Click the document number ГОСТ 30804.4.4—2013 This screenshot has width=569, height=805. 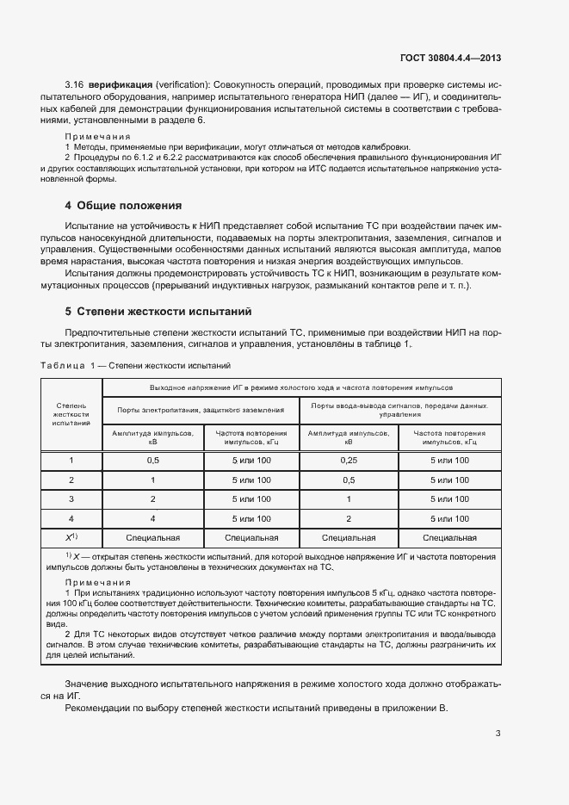pyautogui.click(x=450, y=59)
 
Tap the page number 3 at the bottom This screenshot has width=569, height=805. pyautogui.click(x=498, y=734)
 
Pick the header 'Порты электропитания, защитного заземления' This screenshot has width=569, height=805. pyautogui.click(x=201, y=410)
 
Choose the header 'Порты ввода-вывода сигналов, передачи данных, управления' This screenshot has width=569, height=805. pyautogui.click(x=399, y=409)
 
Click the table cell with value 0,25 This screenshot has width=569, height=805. pyautogui.click(x=349, y=461)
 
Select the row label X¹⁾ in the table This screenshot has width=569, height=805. pyautogui.click(x=71, y=538)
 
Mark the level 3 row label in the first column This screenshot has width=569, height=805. pyautogui.click(x=71, y=499)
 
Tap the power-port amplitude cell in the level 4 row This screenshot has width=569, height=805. pyautogui.click(x=152, y=519)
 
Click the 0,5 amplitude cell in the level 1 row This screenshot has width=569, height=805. pyautogui.click(x=152, y=461)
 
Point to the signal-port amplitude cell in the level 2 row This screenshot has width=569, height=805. pyautogui.click(x=349, y=480)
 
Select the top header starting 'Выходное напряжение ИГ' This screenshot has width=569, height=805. pyautogui.click(x=300, y=387)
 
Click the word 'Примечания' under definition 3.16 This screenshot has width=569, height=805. pyautogui.click(x=98, y=136)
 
